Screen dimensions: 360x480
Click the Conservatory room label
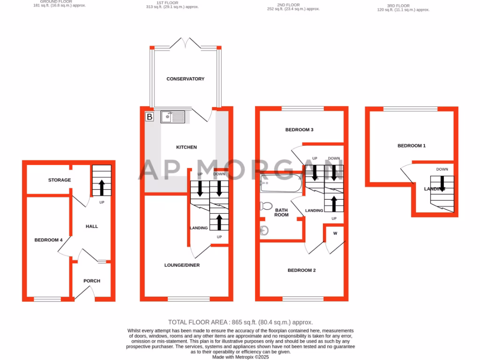(x=185, y=79)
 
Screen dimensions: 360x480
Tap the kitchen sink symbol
(x=173, y=117)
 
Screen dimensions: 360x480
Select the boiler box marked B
(x=149, y=117)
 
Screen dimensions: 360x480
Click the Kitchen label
(x=186, y=147)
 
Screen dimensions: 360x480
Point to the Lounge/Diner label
(x=182, y=265)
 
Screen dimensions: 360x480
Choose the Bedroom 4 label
(x=48, y=240)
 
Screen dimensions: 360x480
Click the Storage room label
(x=60, y=180)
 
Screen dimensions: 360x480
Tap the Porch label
(x=92, y=281)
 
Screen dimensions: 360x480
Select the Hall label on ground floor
(x=92, y=226)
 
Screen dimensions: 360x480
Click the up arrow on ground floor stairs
(x=101, y=187)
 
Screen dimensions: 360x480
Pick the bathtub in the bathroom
(x=281, y=183)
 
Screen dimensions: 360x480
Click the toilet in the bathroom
(x=266, y=206)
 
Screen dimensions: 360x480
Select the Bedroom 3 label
(x=299, y=130)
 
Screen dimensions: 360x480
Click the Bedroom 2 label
(x=301, y=270)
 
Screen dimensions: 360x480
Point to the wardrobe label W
(x=335, y=233)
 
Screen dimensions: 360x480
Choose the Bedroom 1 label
(x=412, y=146)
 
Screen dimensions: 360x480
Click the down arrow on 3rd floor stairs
(x=442, y=184)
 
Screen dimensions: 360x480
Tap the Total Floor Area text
(x=240, y=322)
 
